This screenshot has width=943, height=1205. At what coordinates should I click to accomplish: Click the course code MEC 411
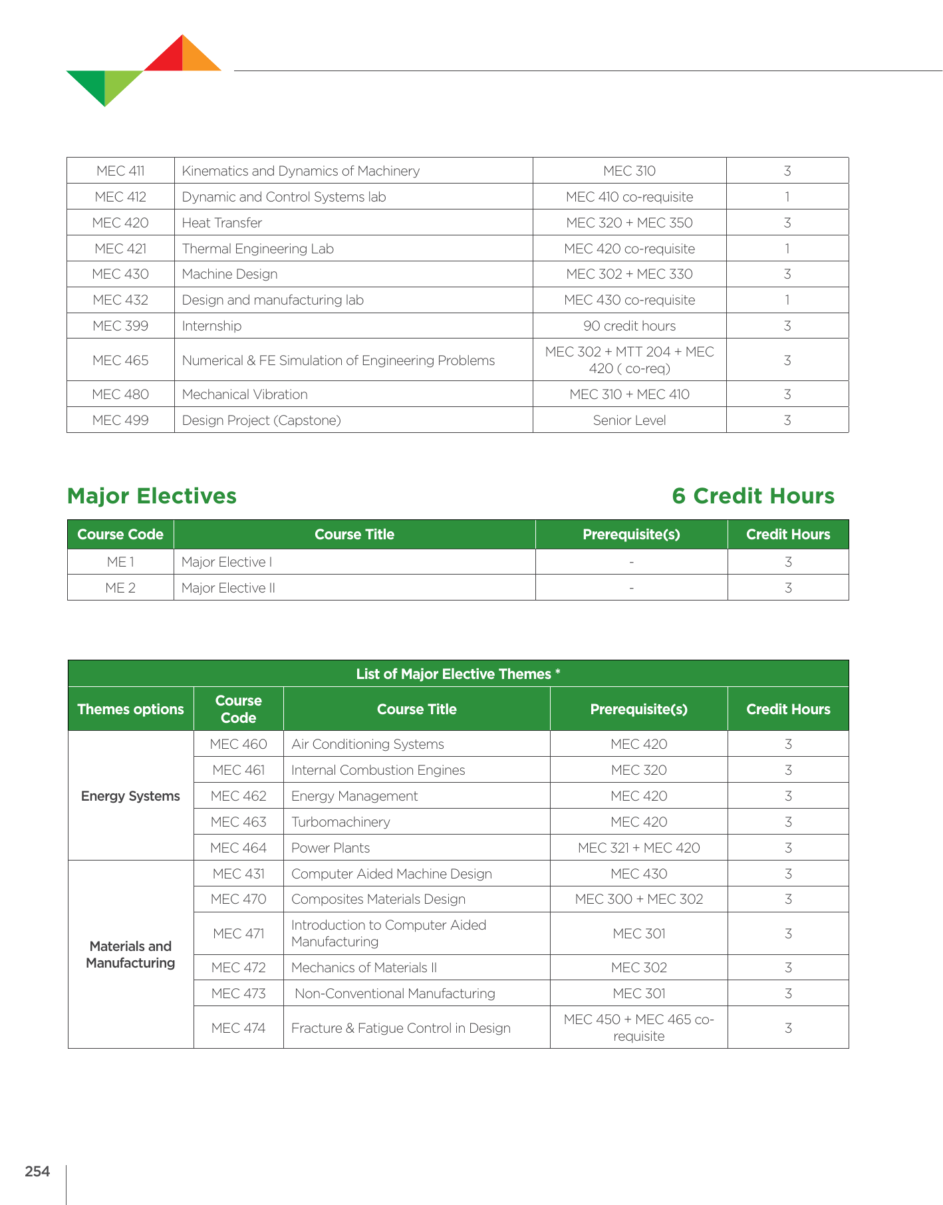(120, 171)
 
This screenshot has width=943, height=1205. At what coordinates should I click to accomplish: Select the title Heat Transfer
(221, 223)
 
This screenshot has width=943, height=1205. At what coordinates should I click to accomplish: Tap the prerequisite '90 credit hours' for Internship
(629, 326)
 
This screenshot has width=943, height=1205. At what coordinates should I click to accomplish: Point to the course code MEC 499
(120, 420)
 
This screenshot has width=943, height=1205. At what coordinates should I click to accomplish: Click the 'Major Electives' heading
(152, 496)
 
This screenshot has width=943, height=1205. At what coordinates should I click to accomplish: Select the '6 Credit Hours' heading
(753, 496)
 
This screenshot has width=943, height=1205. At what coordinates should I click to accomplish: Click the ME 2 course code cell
(120, 588)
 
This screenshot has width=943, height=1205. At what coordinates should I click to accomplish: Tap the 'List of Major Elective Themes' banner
(458, 674)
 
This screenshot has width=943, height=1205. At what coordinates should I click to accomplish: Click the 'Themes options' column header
(130, 709)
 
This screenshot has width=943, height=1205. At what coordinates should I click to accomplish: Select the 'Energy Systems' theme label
(130, 796)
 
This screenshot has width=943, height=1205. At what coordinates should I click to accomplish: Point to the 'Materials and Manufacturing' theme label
(130, 954)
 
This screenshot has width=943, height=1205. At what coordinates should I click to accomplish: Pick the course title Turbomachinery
(340, 822)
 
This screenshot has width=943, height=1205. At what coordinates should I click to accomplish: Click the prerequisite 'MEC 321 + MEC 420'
(638, 848)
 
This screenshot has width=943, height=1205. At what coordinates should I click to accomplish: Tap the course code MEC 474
(238, 1028)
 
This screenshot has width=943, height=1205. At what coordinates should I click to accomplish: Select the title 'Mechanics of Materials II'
(364, 968)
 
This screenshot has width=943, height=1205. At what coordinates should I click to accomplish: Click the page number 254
(37, 1172)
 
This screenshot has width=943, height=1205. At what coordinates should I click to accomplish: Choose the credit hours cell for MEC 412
(787, 197)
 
